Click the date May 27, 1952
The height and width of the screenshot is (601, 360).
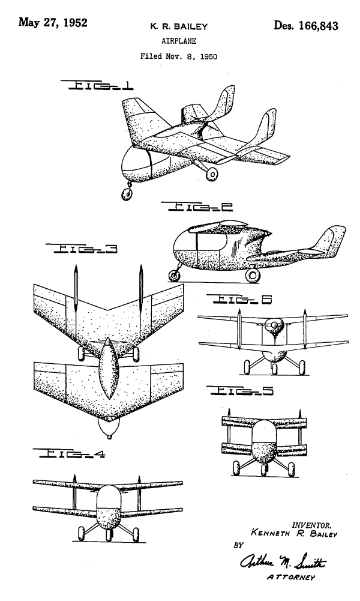(x=53, y=23)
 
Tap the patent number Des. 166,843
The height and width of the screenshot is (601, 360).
(x=306, y=26)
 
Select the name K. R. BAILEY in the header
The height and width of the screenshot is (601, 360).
(x=179, y=26)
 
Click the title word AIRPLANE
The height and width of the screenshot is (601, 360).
(x=179, y=41)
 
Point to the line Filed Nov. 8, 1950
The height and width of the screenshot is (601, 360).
(x=178, y=56)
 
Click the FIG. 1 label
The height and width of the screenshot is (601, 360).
(x=97, y=85)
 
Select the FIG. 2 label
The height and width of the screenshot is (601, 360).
(x=197, y=207)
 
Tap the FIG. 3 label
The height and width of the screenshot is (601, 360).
(x=82, y=249)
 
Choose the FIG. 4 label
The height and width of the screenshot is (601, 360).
(x=69, y=453)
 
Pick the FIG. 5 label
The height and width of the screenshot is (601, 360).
(x=240, y=390)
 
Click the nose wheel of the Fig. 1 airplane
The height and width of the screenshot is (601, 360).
(x=127, y=194)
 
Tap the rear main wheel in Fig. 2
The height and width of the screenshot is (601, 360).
(x=253, y=275)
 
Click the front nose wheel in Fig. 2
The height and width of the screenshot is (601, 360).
(x=175, y=276)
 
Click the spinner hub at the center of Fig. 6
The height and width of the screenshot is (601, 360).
(x=275, y=325)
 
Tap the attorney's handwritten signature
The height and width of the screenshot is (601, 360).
(x=283, y=561)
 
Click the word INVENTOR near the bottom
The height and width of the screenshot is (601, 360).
(x=312, y=525)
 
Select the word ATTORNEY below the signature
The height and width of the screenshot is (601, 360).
(x=291, y=577)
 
